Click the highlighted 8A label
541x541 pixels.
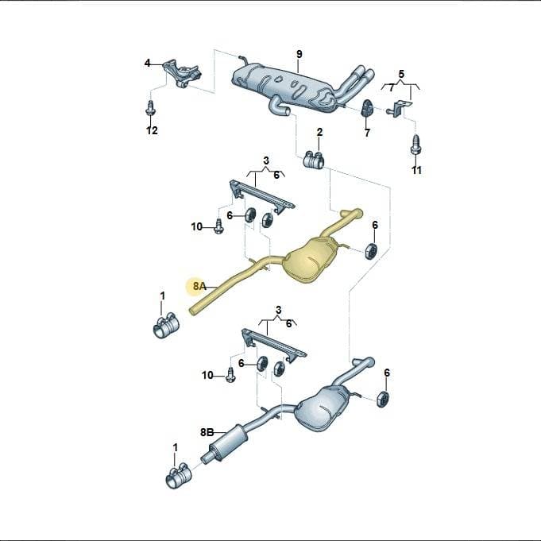(199, 286)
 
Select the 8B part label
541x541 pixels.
(207, 432)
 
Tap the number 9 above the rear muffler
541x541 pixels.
(299, 54)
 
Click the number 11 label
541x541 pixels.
(416, 170)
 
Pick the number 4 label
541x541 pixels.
(147, 63)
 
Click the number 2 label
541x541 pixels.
(319, 132)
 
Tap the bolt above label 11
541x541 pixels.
(415, 145)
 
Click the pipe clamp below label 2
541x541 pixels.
(313, 160)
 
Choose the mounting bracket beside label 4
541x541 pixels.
(181, 74)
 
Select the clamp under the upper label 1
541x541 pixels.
(164, 326)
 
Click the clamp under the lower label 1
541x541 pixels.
(179, 475)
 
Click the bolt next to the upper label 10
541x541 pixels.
(218, 226)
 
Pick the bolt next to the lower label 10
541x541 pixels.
(231, 374)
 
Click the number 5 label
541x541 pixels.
(401, 74)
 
